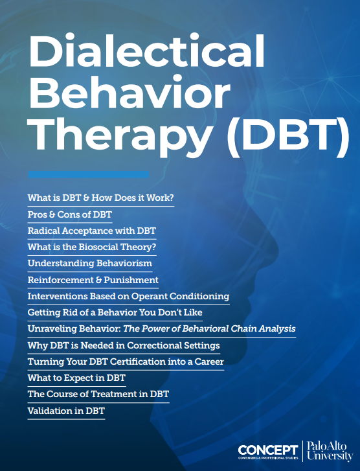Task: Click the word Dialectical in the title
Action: [148, 51]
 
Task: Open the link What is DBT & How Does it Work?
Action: [100, 196]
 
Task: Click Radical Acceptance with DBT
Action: [91, 230]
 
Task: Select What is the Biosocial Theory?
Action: [92, 247]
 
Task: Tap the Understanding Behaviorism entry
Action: [89, 263]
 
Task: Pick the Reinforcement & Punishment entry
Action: [93, 280]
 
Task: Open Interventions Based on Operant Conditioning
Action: [128, 296]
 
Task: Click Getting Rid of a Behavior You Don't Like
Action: [115, 312]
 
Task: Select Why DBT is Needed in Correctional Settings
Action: [124, 345]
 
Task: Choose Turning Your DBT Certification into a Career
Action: [126, 362]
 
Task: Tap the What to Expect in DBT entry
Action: [76, 378]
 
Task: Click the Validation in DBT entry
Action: [66, 411]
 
